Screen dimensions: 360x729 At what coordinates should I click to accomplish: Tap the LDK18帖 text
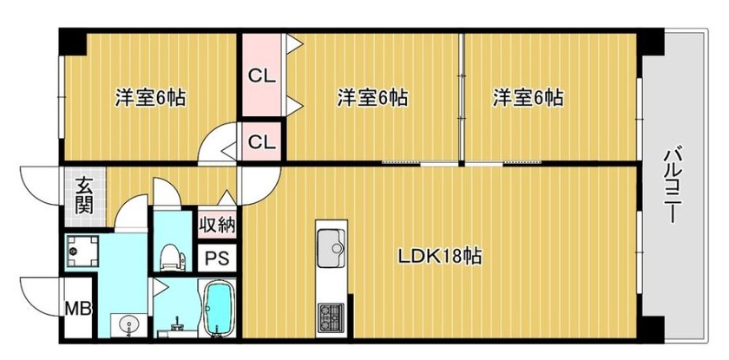click(440, 257)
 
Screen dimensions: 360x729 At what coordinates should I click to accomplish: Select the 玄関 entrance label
click(84, 195)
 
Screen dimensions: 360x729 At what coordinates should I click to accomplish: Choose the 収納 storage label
click(216, 225)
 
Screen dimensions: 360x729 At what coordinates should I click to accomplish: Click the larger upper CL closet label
click(261, 75)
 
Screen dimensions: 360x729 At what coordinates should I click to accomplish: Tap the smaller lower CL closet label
click(261, 140)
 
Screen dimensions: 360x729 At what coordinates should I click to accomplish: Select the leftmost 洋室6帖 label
click(151, 96)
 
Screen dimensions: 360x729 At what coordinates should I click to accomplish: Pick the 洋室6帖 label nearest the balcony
click(529, 96)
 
